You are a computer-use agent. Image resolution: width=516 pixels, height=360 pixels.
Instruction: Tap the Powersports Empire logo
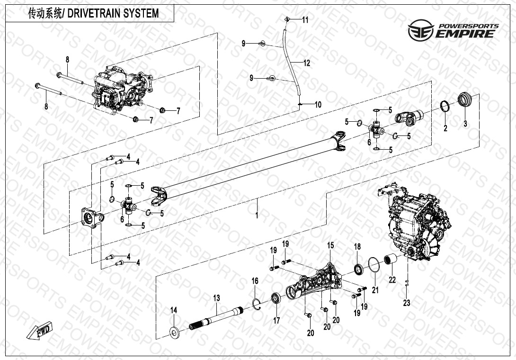(454, 30)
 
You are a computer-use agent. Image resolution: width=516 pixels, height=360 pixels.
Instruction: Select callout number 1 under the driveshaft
(257, 215)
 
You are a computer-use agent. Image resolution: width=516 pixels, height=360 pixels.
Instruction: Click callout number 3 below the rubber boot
(465, 124)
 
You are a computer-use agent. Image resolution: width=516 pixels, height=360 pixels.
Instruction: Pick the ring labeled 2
(445, 106)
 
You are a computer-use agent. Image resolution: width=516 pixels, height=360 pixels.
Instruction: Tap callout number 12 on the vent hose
(307, 63)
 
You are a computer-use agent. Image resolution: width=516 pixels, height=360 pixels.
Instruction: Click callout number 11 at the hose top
(305, 20)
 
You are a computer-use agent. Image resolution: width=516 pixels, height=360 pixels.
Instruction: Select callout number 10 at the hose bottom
(318, 105)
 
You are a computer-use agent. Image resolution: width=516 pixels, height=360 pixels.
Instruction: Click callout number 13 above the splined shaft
(216, 298)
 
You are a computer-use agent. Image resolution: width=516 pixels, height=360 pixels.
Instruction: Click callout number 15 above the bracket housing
(330, 245)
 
